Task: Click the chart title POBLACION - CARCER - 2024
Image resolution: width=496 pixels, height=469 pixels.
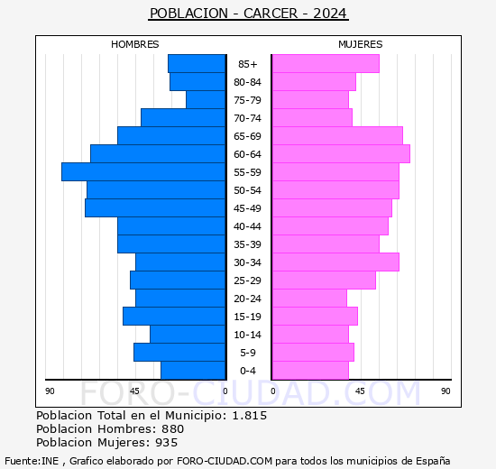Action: coord(248,14)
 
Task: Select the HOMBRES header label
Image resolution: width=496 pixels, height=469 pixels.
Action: coord(134,44)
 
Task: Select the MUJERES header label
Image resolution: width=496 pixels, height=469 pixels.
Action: coord(360,44)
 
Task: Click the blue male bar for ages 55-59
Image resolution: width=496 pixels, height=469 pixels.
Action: coord(143,172)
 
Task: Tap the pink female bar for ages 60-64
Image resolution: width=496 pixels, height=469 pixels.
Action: coord(340,154)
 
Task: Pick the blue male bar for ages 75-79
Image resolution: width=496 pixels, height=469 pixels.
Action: coord(206,100)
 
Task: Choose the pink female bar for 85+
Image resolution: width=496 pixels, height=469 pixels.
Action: coord(325,64)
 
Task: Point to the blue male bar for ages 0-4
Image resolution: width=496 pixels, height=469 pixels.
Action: coord(193,371)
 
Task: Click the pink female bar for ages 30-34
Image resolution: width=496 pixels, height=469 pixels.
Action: coord(335,262)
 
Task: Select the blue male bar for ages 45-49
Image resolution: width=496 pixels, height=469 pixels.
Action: coord(155,208)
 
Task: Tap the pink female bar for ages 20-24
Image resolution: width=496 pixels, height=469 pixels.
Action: coord(308,299)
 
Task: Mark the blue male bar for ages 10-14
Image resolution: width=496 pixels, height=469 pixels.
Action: coord(188,335)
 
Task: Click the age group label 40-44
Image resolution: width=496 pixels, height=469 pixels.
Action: coord(248,226)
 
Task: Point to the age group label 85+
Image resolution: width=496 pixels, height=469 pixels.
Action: coord(248,64)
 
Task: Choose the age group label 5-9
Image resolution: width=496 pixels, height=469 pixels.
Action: coord(248,353)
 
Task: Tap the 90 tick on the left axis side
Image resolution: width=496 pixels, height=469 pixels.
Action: coord(51,391)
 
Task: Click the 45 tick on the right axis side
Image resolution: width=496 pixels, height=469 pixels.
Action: coord(360,391)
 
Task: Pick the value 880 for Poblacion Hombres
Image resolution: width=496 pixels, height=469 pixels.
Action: coord(167,429)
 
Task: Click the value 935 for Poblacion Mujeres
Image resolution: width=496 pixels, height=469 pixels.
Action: coord(165,443)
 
